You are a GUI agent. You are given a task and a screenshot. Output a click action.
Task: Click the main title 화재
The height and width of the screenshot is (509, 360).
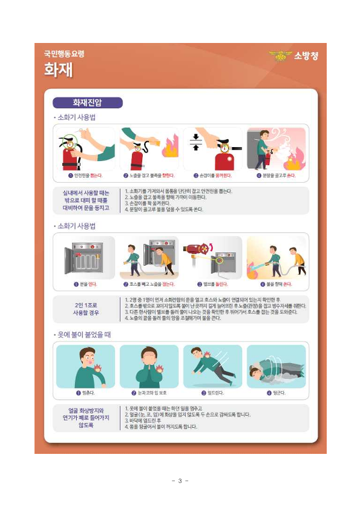pyautogui.click(x=58, y=70)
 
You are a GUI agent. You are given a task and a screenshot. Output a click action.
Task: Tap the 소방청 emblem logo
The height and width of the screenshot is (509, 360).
pyautogui.click(x=280, y=56)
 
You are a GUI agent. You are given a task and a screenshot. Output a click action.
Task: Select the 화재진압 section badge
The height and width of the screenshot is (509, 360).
pyautogui.click(x=88, y=103)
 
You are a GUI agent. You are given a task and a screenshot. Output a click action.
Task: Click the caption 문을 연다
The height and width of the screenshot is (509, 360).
pyautogui.click(x=85, y=283)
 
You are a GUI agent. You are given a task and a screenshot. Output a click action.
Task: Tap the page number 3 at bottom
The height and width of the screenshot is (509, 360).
pyautogui.click(x=180, y=481)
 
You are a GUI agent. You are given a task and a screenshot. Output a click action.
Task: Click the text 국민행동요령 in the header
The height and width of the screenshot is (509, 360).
pyautogui.click(x=64, y=54)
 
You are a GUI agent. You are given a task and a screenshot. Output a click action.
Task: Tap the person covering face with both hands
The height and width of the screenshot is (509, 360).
pyautogui.click(x=149, y=368)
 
